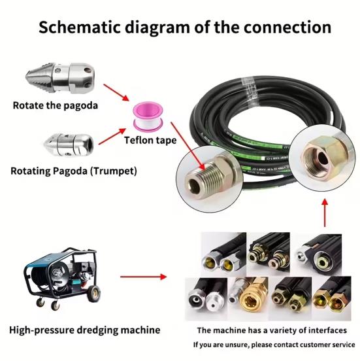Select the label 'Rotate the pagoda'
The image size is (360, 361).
pos(56,104)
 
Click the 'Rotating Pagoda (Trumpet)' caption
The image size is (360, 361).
pos(74,171)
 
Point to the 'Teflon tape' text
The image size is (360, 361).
pos(150,139)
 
